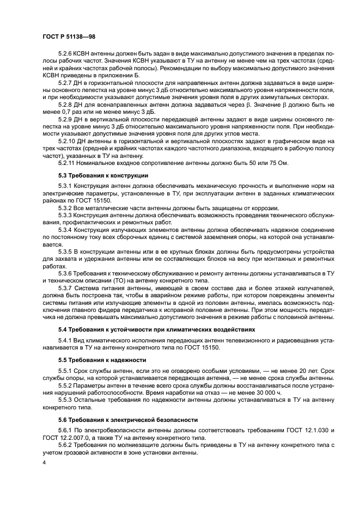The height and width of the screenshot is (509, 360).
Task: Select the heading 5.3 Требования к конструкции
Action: coord(103,175)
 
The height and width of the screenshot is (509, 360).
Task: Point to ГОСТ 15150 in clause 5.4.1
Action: coord(202,347)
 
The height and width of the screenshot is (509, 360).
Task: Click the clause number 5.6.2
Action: coord(67,444)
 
